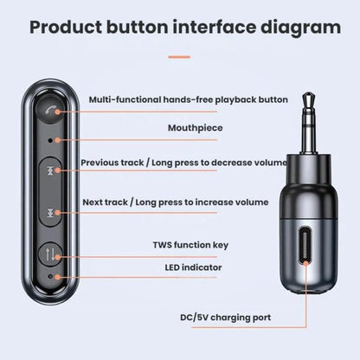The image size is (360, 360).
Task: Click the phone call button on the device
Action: (50, 109)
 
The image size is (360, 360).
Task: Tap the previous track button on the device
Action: (50, 171)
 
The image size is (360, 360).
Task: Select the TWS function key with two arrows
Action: (50, 254)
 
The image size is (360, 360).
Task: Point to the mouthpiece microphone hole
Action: (50, 140)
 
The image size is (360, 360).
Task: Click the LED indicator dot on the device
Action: (51, 276)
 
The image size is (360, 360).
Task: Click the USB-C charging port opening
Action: (305, 246)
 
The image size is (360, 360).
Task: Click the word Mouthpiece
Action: (196, 128)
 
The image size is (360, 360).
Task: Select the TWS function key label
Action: (190, 245)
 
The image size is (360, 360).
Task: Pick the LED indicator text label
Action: (193, 267)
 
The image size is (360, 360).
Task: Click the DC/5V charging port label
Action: (226, 318)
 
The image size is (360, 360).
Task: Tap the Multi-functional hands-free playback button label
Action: (189, 100)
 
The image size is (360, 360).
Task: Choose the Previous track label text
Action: (112, 163)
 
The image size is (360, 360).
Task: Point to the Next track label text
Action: (105, 202)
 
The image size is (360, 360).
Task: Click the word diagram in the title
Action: (300, 28)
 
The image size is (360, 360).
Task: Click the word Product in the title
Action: (66, 27)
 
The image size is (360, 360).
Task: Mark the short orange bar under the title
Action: (179, 57)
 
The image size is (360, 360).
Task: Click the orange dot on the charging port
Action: (305, 263)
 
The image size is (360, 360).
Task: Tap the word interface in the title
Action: (215, 27)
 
